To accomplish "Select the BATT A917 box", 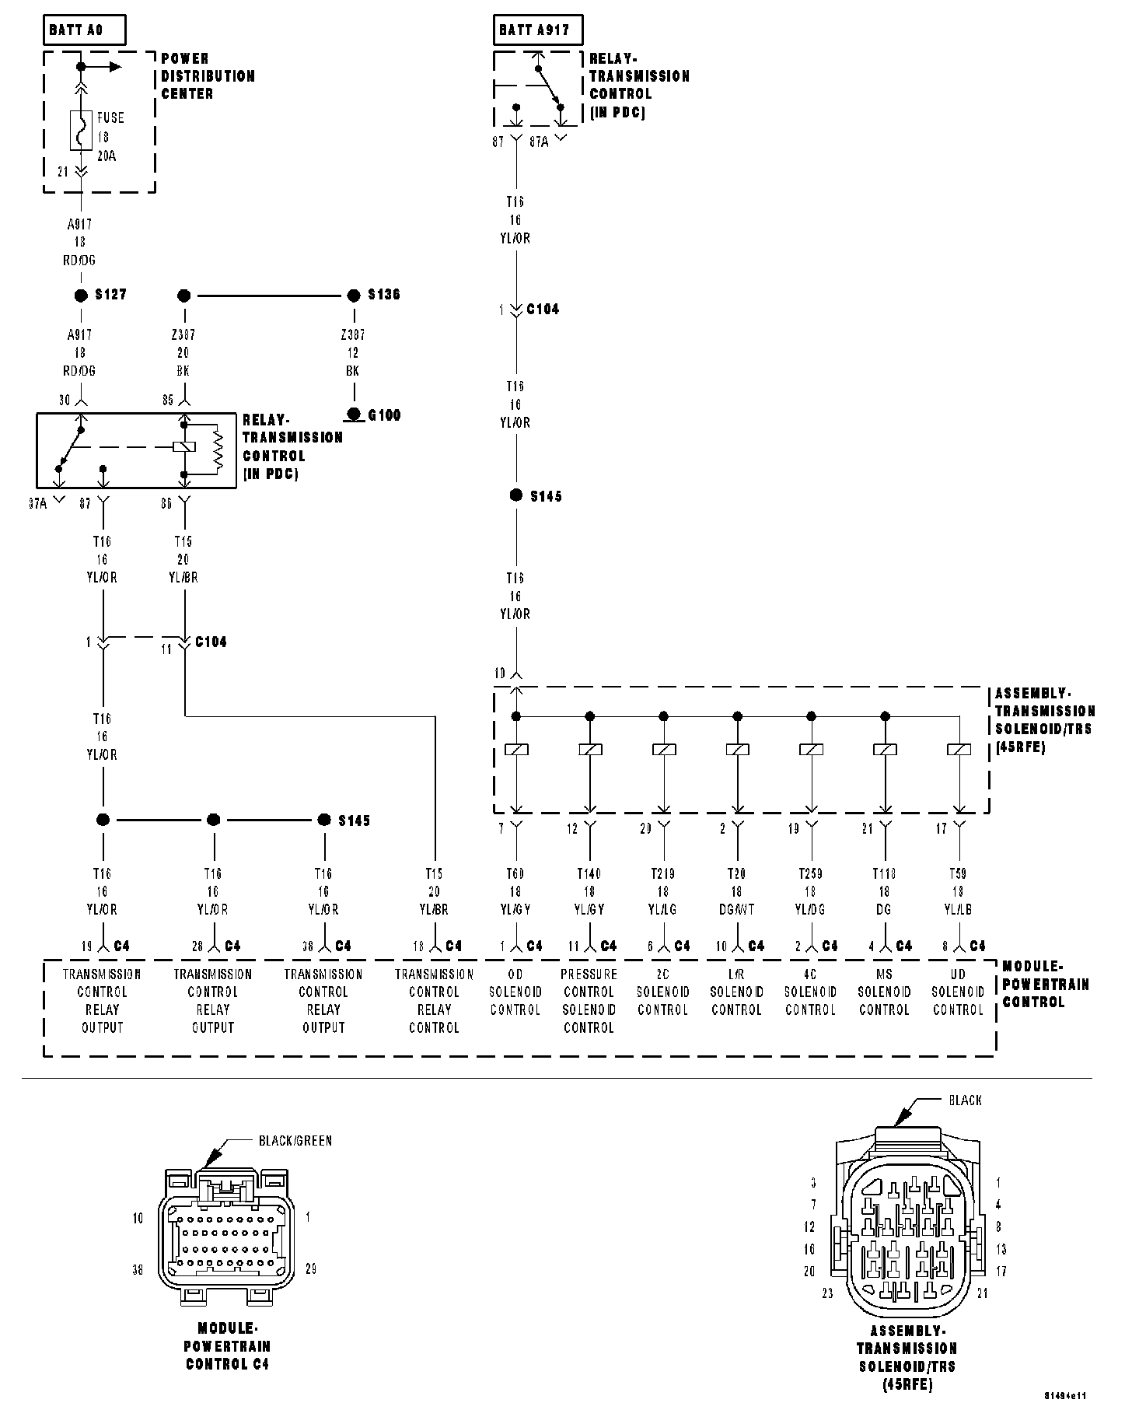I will (536, 31).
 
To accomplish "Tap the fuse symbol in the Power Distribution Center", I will (81, 130).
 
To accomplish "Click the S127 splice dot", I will (81, 296).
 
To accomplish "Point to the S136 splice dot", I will (354, 296).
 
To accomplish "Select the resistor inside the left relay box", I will (218, 449).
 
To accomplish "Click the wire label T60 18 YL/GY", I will (515, 891).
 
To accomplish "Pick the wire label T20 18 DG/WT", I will (736, 891).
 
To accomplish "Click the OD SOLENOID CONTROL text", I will (515, 992).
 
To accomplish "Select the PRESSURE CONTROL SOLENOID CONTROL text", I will (589, 1001).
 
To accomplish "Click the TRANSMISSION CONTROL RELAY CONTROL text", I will (434, 1001).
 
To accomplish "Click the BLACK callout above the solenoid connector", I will (965, 1100).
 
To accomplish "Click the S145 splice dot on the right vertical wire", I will (516, 495).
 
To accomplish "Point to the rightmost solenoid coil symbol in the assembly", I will (959, 750).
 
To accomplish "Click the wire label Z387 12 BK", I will (353, 352).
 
